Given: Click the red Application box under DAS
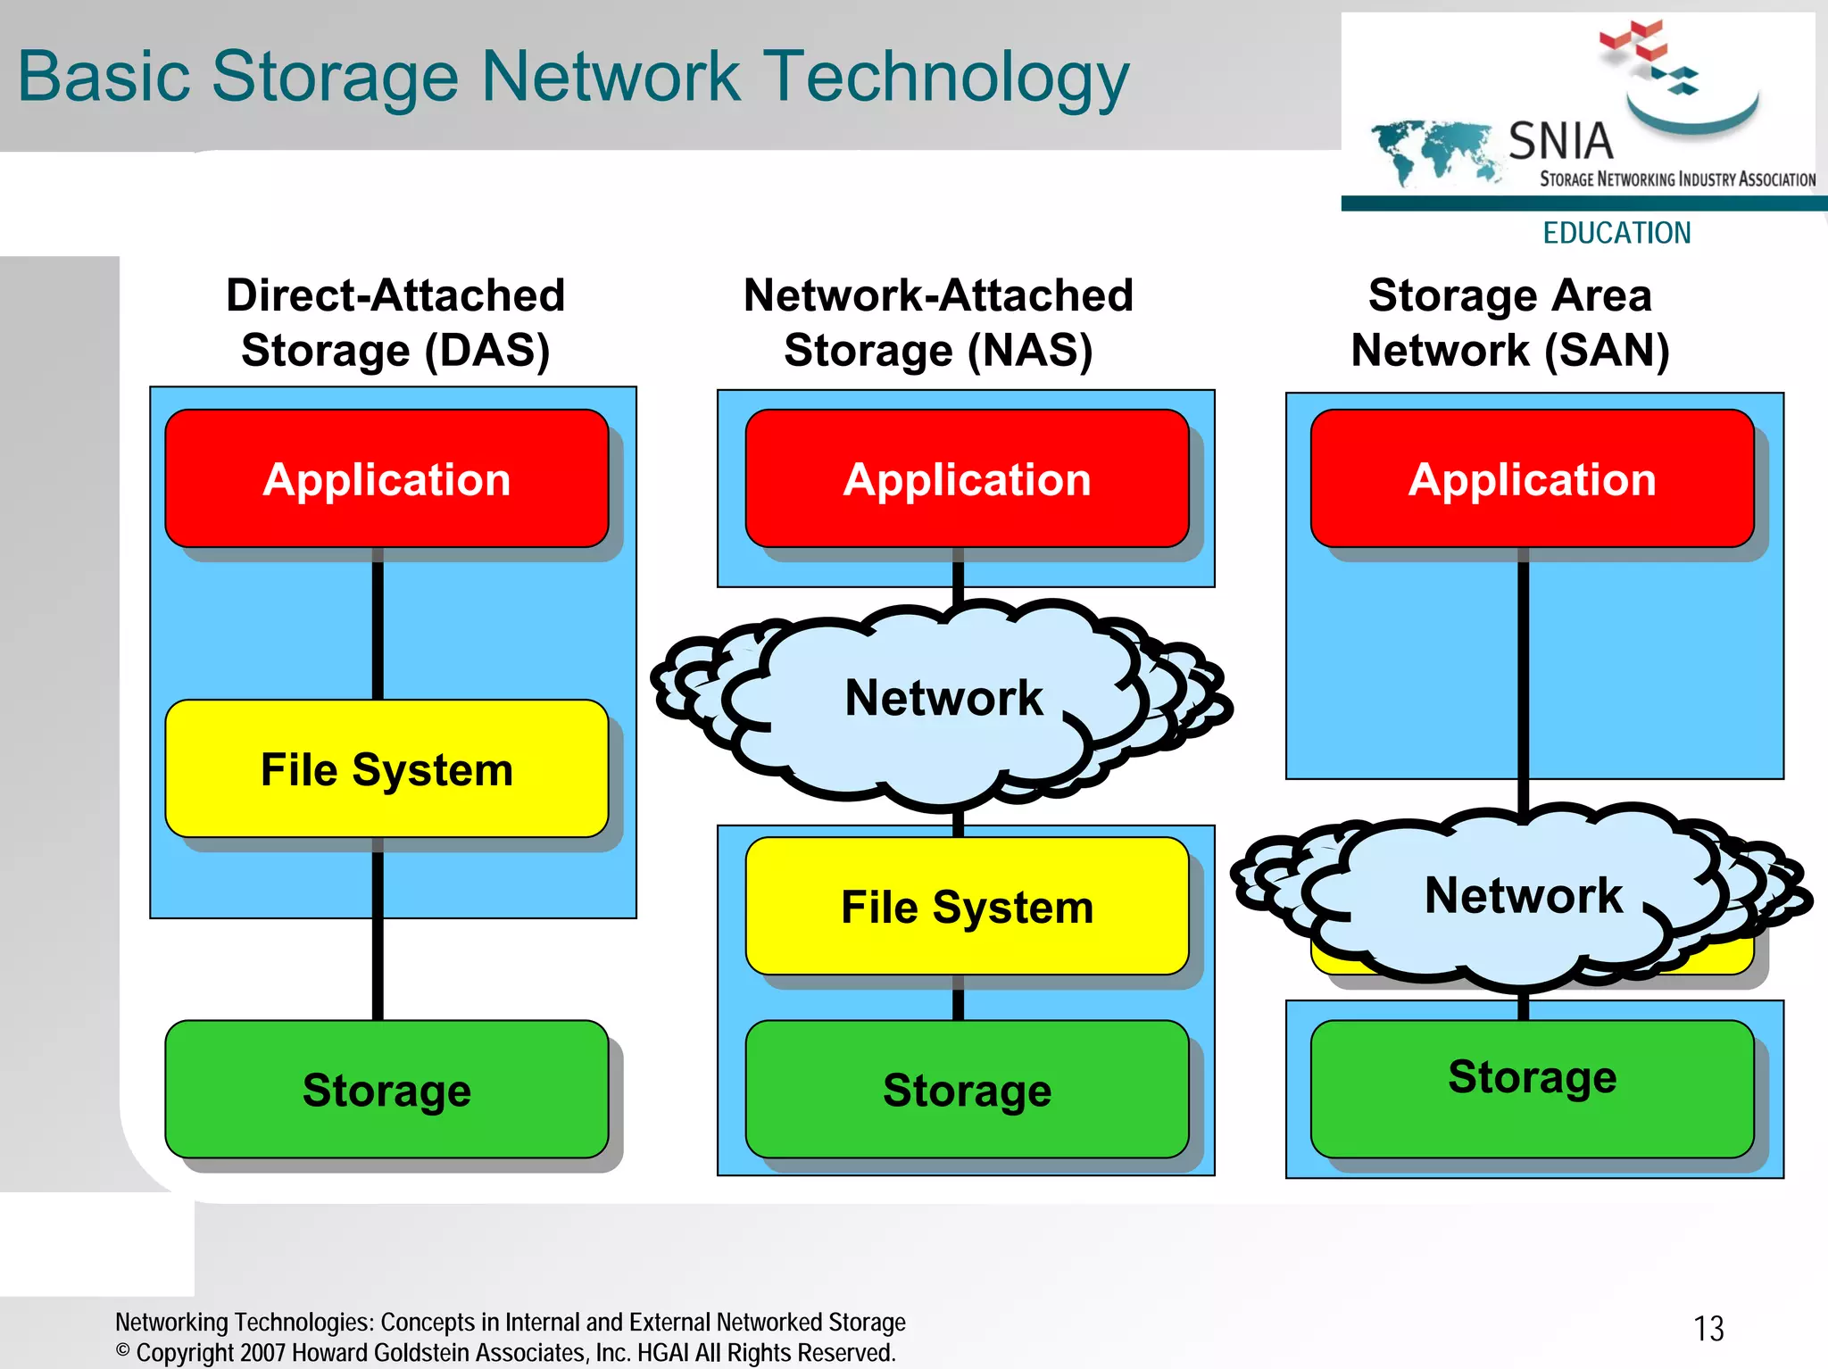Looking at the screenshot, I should (386, 478).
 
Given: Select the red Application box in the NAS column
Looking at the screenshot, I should (967, 478).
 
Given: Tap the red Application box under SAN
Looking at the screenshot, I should (1532, 478).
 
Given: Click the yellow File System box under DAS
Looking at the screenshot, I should (386, 768).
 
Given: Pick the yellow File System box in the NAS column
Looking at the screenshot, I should (967, 906).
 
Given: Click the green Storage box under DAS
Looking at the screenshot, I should (386, 1089).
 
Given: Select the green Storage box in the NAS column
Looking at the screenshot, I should (967, 1089).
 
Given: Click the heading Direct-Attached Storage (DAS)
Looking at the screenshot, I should (395, 322).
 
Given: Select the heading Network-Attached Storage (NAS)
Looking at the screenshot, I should (938, 322).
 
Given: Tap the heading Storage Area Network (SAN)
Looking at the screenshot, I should (1509, 322).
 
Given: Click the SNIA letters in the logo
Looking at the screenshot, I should (1560, 141).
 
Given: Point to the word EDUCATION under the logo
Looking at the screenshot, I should (1616, 233).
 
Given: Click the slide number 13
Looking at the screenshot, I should (1708, 1328).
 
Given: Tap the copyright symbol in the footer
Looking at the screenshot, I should (123, 1350).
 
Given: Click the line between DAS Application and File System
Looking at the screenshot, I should (378, 624).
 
